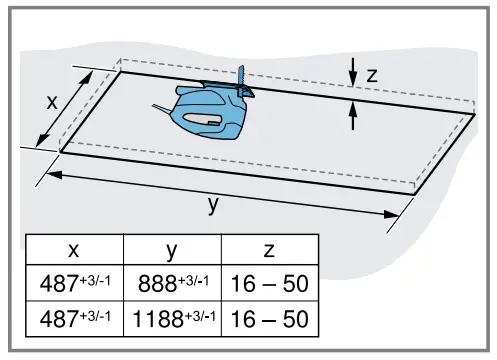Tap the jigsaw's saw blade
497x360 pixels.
241,78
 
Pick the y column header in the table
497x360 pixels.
171,250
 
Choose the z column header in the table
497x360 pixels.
269,250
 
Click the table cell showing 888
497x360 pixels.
171,284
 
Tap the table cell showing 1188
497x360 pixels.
171,318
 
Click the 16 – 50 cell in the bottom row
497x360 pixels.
269,318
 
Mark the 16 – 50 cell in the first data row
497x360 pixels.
269,284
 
